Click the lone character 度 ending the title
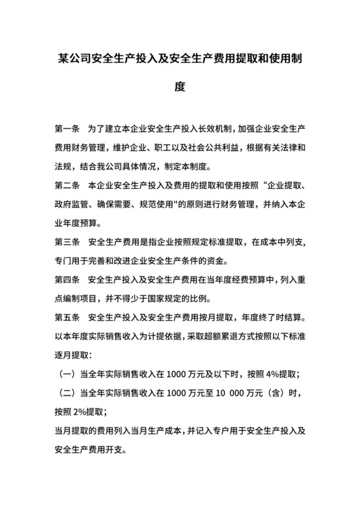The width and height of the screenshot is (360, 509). pyautogui.click(x=180, y=86)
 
